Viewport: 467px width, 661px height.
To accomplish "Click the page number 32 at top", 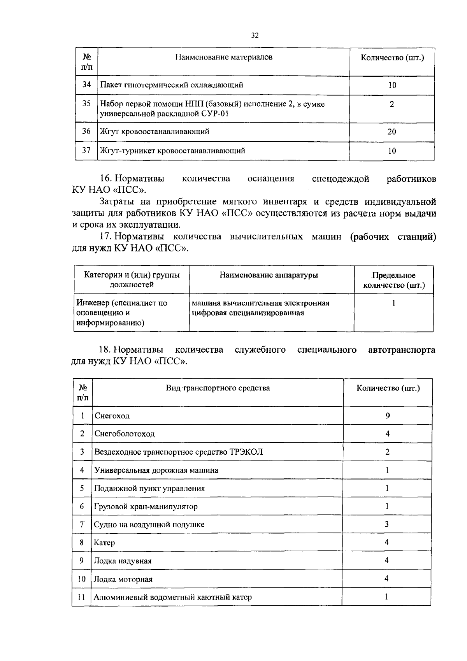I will (x=255, y=35).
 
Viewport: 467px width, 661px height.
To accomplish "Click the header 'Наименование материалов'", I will (x=223, y=57).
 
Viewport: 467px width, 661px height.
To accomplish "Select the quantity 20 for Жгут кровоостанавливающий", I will (x=392, y=132).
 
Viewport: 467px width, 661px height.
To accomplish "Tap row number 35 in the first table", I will (x=86, y=104).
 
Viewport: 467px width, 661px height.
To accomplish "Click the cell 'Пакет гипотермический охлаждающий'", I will (x=172, y=85).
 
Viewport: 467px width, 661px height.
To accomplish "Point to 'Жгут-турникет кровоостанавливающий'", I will (x=172, y=151).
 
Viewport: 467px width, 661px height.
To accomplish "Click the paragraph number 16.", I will (x=106, y=179).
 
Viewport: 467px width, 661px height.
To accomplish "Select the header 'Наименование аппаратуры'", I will (x=269, y=275).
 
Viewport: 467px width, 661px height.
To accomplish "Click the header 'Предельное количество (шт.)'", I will (x=393, y=280).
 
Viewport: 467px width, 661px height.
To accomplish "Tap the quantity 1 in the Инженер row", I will (x=393, y=303).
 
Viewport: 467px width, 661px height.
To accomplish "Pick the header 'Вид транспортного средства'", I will (x=218, y=388).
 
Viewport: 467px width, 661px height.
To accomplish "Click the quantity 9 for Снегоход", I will (x=388, y=415).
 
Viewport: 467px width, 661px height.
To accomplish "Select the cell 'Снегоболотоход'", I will (x=125, y=434).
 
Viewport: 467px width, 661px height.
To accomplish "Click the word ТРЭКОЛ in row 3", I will (x=246, y=452).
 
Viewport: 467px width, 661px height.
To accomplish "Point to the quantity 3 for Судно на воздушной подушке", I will (x=387, y=524).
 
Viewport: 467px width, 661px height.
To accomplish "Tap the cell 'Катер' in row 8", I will (x=104, y=543).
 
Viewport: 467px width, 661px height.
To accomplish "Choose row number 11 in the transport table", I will (x=81, y=597).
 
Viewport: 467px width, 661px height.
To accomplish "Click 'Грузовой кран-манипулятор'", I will (x=146, y=506).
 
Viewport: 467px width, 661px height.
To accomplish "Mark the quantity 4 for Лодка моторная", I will (x=386, y=579).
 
